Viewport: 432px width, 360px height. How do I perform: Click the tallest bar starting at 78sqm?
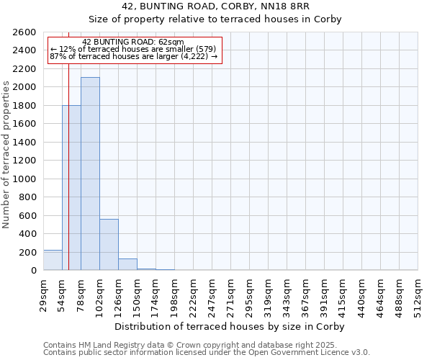pyautogui.click(x=90, y=174)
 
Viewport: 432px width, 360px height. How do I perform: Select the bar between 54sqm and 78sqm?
pyautogui.click(x=71, y=188)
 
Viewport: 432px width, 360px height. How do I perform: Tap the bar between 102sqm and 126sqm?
pyautogui.click(x=109, y=245)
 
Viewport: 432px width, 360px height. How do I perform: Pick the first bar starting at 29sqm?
pyautogui.click(x=53, y=260)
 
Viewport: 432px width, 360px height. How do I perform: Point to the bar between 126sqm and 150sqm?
pyautogui.click(x=127, y=264)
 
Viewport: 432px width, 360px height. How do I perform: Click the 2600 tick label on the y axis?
pyautogui.click(x=24, y=32)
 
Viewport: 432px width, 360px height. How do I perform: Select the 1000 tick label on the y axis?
pyautogui.click(x=24, y=179)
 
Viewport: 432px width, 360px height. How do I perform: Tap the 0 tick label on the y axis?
pyautogui.click(x=33, y=271)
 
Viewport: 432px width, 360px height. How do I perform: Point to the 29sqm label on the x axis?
pyautogui.click(x=43, y=292)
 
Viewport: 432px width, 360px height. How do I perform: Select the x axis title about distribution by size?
pyautogui.click(x=230, y=326)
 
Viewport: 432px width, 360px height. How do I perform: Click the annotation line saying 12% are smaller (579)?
pyautogui.click(x=133, y=49)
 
